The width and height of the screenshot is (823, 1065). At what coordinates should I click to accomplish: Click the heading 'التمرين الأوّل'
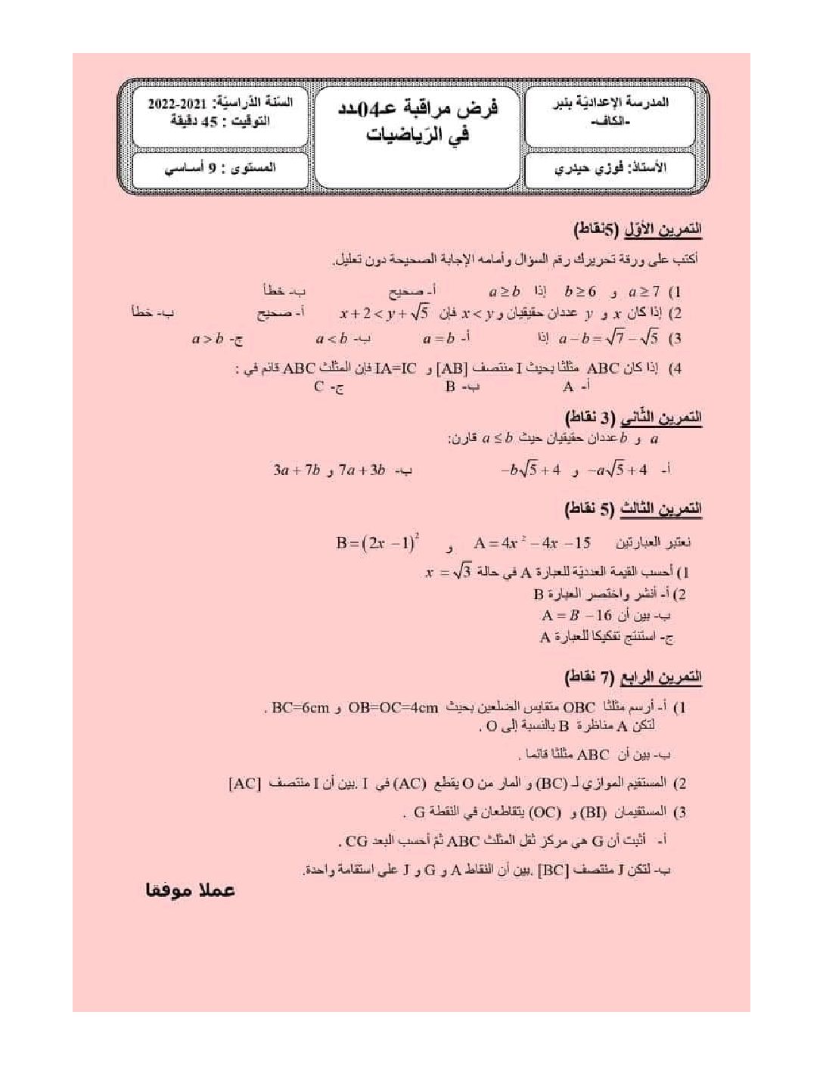[661, 228]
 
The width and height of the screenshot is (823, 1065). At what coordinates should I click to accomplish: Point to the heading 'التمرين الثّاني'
[661, 418]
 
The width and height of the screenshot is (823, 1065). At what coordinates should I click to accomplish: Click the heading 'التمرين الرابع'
[661, 676]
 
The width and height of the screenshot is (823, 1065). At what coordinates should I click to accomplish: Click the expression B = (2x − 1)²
[377, 543]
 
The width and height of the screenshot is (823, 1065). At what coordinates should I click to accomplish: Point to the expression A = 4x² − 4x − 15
[532, 543]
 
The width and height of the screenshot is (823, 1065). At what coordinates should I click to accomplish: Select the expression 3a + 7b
[297, 470]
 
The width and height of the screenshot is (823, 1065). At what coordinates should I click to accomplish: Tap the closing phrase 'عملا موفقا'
[191, 890]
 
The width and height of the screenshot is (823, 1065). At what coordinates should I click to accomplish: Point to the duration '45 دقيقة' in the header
[196, 121]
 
